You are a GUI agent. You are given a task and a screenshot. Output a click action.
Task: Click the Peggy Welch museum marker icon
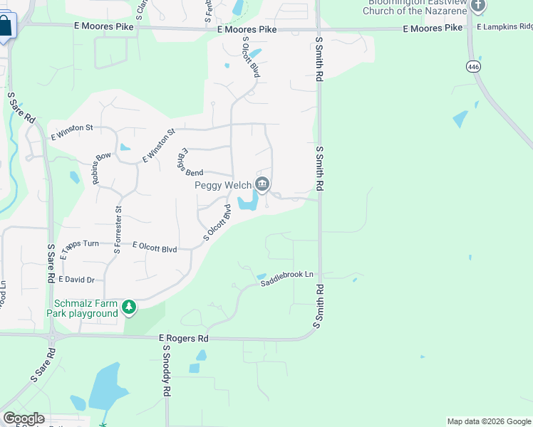point(262,186)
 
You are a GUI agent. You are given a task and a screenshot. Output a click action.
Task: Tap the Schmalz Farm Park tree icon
point(129,307)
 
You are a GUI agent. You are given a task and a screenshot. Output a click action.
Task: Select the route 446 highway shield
point(473,66)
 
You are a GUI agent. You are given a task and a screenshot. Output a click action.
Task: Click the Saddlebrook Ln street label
point(286,275)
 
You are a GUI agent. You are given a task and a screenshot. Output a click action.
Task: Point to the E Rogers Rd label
point(183,338)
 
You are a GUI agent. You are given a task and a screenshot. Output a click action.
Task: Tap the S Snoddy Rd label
point(167,370)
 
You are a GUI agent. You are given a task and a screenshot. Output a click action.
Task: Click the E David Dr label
point(76,280)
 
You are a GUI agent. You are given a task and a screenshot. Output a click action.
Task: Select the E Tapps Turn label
point(80,244)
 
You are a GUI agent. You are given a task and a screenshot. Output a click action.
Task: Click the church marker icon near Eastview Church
point(478,6)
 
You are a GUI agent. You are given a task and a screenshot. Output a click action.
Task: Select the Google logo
point(24,418)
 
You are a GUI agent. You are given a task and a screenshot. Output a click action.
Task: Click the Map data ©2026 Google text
point(488,421)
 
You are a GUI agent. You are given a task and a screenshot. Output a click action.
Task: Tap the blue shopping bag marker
point(6,26)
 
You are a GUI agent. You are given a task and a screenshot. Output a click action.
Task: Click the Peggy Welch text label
point(223,185)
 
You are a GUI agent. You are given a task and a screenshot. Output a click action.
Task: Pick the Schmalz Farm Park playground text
point(83,308)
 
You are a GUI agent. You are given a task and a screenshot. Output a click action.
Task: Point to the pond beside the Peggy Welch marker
point(249,202)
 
